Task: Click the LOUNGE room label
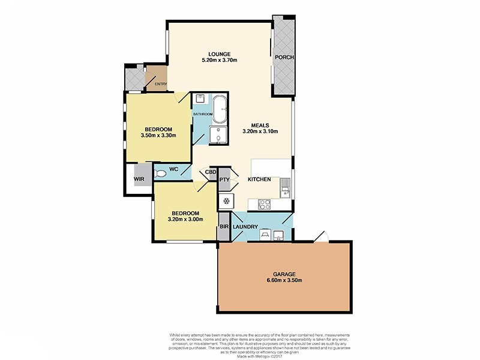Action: pyautogui.click(x=220, y=53)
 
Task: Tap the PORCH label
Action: pyautogui.click(x=283, y=58)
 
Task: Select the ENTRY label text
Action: pyautogui.click(x=161, y=84)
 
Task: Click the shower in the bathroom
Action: pyautogui.click(x=218, y=136)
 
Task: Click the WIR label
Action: pyautogui.click(x=139, y=179)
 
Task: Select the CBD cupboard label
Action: pyautogui.click(x=211, y=172)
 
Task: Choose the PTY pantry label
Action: pyautogui.click(x=225, y=179)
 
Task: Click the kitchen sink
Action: pyautogui.click(x=285, y=191)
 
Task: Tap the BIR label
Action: pyautogui.click(x=224, y=227)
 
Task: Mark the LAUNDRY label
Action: pyautogui.click(x=245, y=227)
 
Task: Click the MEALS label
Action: pyautogui.click(x=260, y=125)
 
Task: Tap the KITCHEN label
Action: pyautogui.click(x=260, y=179)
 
